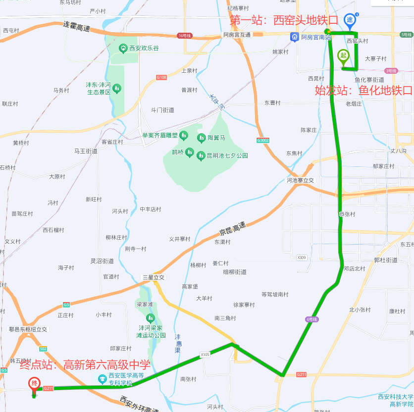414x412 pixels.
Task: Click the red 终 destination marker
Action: [34, 384]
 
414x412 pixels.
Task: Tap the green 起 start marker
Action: [343, 56]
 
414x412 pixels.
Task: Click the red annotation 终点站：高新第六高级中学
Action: [85, 365]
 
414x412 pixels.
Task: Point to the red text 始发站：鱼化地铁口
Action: [364, 90]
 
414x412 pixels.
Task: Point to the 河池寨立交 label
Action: [301, 180]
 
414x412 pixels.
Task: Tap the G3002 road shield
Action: [263, 140]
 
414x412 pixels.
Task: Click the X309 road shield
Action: [302, 257]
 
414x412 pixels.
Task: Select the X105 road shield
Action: [206, 355]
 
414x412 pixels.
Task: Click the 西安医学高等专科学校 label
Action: [121, 379]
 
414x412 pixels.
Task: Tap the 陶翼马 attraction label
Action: [216, 137]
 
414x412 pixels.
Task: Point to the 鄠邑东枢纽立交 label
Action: [28, 329]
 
